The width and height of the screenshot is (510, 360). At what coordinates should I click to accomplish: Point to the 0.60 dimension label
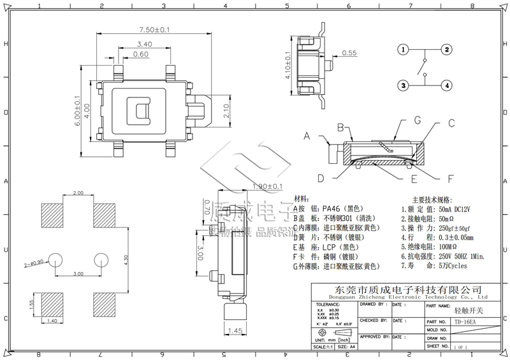coord(141,55)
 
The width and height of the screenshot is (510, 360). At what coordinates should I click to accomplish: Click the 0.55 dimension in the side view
coord(349,54)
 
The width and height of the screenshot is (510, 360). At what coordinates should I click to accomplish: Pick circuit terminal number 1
coord(403,50)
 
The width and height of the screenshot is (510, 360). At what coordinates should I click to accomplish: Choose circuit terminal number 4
coord(448,85)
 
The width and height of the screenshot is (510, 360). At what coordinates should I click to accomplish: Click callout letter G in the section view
coord(417,119)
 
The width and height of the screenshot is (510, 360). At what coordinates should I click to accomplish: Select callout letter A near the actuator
coord(307,136)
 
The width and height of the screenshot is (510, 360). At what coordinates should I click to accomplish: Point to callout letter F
coord(433,178)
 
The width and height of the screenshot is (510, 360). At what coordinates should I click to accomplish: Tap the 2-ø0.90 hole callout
coord(33,261)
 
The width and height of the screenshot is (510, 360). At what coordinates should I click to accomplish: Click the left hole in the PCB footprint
coord(55,259)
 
